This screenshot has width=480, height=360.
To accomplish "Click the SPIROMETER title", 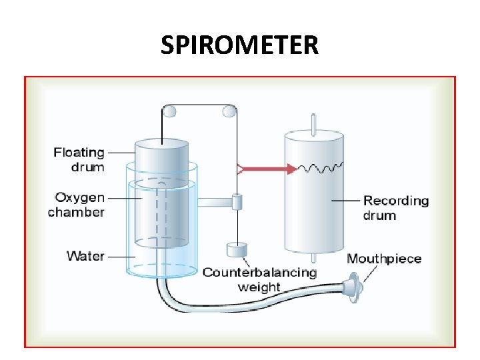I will tap(240, 45).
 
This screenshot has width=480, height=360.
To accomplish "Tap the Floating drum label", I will tap(79, 159).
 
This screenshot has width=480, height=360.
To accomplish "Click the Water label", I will tap(85, 255).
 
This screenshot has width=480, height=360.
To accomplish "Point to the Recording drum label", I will tap(395, 207).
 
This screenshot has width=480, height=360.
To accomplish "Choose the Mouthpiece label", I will tap(384, 259).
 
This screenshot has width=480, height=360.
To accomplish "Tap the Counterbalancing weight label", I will tap(259, 279).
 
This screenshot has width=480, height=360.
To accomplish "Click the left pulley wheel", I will tap(170, 111).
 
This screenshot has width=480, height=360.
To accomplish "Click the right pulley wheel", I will tap(230, 111).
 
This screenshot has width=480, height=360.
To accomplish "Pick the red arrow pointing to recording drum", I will tap(267, 169).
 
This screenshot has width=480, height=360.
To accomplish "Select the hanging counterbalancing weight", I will tap(237, 250).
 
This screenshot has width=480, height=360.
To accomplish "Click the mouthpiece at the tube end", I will tap(353, 289).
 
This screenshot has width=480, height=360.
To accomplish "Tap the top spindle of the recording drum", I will tap(313, 123).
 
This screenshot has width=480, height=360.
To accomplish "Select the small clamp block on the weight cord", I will tap(236, 200).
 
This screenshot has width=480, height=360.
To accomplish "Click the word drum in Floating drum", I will tap(87, 167).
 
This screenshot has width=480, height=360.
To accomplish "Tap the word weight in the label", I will tap(259, 287).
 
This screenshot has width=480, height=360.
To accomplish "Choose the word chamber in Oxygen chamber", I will tap(76, 212).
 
